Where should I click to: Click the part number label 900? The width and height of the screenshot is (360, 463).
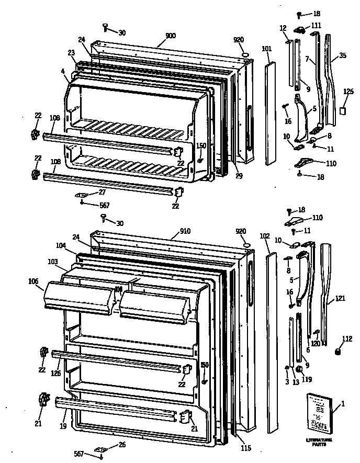pos(171,36)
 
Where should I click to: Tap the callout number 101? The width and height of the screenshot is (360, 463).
pos(266,49)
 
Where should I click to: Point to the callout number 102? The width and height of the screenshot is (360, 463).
pos(265,236)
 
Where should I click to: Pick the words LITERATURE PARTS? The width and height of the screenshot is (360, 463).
pos(320,443)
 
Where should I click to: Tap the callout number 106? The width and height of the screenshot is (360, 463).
pos(33,282)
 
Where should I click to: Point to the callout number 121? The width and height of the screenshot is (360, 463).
pos(341,298)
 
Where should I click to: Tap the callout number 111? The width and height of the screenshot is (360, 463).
pos(331,26)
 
